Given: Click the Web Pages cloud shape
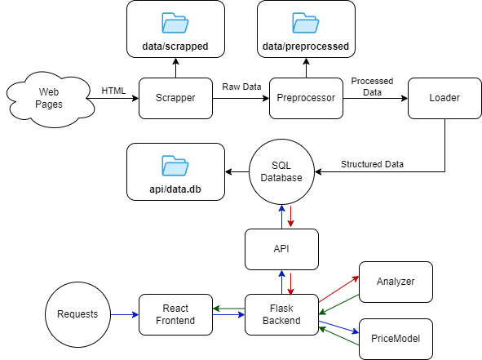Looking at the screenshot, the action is click(x=49, y=99).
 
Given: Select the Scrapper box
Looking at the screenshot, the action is click(x=175, y=98).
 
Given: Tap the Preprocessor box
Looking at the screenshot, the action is click(x=306, y=98).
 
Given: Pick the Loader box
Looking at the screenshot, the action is click(x=444, y=98).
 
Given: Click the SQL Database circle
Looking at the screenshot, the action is click(x=281, y=171).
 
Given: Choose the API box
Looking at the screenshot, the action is click(x=281, y=249).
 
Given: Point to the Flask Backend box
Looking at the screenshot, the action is click(x=281, y=314).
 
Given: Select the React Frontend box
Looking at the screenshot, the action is click(x=175, y=314).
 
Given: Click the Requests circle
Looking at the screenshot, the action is click(x=77, y=314).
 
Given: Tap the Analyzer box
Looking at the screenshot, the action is click(x=396, y=282).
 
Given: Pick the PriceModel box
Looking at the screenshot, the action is click(x=396, y=339).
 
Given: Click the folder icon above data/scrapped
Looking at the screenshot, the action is click(x=175, y=23).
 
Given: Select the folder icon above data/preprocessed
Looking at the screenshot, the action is click(x=306, y=23).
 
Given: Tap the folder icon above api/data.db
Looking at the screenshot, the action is click(x=175, y=166).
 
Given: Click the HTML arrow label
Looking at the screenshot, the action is click(x=113, y=91).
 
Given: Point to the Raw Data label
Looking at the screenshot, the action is click(x=241, y=87).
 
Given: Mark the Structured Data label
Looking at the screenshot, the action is click(x=372, y=164).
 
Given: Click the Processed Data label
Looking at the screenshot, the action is click(x=372, y=87).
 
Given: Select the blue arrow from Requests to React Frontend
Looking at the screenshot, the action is click(x=125, y=314).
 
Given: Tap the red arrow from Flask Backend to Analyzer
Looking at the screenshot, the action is click(x=338, y=289).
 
